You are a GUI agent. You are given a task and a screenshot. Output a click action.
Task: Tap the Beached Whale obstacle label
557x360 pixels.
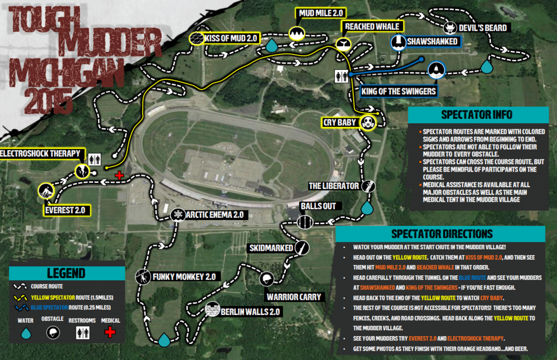coord(372,26)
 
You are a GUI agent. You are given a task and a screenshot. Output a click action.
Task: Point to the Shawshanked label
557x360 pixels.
coord(432,41)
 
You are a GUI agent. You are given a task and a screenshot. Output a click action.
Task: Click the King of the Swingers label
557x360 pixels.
coord(398,91)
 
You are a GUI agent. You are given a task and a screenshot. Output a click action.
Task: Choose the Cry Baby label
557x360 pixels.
coord(339,122)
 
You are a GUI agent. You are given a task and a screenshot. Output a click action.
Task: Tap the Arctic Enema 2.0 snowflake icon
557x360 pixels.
coord(178,215)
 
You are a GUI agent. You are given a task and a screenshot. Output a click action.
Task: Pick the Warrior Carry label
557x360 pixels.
coord(294,297)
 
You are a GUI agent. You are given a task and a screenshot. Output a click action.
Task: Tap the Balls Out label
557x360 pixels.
coord(318,206)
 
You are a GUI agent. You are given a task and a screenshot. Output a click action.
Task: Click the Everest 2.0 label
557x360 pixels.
coord(68,210)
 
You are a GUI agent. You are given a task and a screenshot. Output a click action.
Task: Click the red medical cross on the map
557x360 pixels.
coord(119,175)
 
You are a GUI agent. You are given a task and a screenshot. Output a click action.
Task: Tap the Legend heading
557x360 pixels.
coord(66,273)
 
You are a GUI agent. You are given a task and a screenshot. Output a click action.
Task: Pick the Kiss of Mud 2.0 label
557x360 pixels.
coord(231,38)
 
